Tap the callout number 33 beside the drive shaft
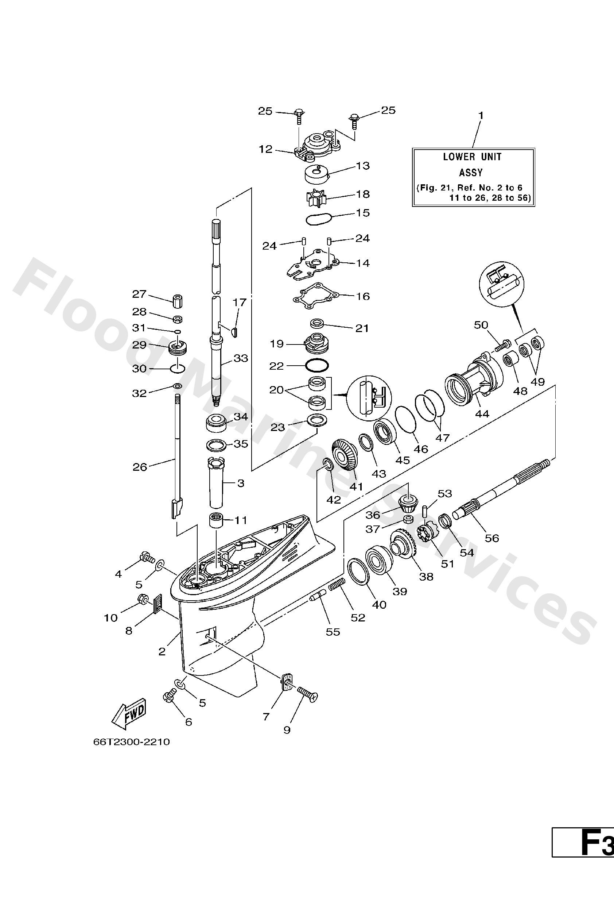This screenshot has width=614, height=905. [241, 358]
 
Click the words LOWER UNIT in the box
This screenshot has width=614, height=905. [472, 157]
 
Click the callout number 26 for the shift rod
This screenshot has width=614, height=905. [140, 467]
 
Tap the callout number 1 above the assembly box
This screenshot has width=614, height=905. [481, 116]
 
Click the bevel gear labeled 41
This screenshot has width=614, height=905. [344, 456]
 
